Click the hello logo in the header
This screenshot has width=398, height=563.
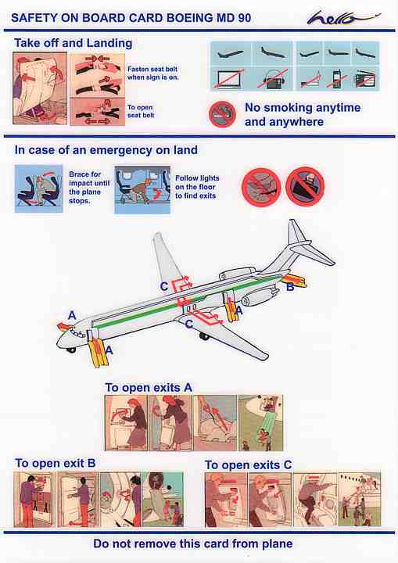(x=342, y=17)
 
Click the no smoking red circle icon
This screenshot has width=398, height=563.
(x=222, y=114)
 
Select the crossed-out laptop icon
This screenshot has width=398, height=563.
(x=229, y=78)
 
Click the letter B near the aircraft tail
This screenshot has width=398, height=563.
(x=290, y=287)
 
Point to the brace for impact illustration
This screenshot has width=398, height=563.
(x=39, y=189)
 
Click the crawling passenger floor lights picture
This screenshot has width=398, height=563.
(x=142, y=189)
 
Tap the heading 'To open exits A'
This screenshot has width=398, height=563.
(x=149, y=388)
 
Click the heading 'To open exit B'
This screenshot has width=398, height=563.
(x=56, y=463)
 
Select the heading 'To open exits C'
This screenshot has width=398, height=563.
(x=248, y=465)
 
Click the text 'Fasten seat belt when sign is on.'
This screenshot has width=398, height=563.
(x=152, y=73)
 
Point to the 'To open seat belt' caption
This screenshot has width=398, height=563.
(x=141, y=111)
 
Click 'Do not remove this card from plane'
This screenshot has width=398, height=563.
(x=193, y=543)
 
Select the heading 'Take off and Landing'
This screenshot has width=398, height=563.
(x=74, y=44)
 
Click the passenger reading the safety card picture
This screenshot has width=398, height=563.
(x=40, y=88)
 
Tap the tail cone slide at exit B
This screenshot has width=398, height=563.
(x=296, y=281)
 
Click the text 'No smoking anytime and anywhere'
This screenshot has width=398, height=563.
(x=303, y=114)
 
